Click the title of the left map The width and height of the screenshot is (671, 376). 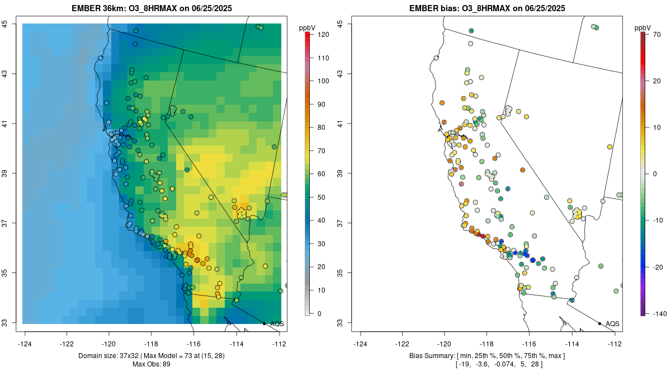152,8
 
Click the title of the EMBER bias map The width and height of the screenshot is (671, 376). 487,8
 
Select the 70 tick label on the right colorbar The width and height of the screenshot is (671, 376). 656,35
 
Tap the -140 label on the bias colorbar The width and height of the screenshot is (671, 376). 659,314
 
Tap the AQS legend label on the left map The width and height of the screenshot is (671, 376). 277,324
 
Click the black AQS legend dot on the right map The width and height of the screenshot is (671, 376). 599,323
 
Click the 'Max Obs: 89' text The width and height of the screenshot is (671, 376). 152,364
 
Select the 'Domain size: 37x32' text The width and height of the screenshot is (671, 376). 108,356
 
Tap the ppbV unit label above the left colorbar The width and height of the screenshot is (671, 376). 307,28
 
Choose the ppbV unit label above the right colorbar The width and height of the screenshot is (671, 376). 642,28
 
